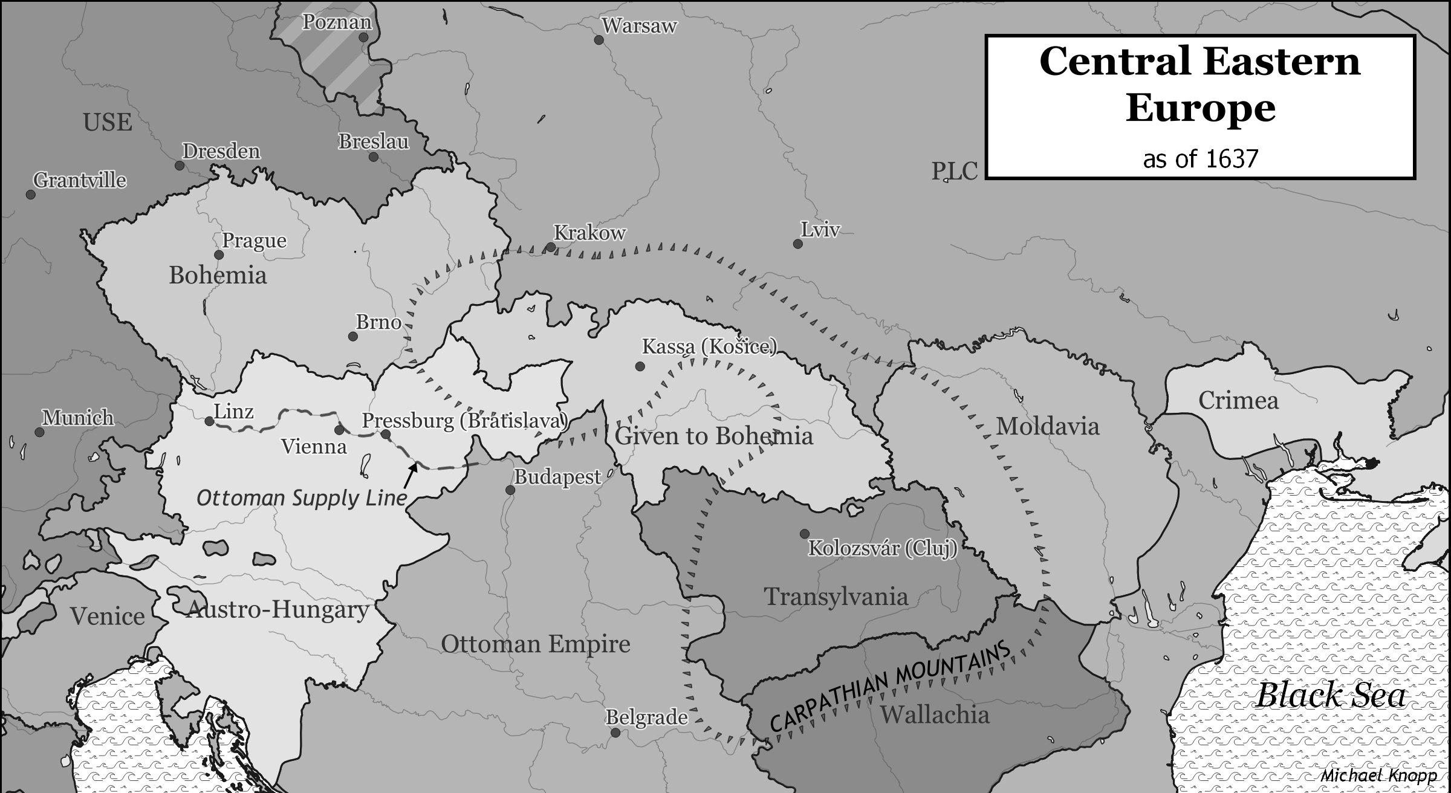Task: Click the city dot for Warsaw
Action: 599,40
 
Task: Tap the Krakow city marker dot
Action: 551,247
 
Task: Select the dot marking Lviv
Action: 798,244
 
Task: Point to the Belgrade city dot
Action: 615,733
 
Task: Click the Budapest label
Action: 557,477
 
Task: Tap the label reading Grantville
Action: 80,180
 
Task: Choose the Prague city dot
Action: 219,255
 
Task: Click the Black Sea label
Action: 1331,695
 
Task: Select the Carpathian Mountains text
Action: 890,685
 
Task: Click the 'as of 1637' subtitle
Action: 1200,159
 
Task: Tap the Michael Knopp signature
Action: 1378,775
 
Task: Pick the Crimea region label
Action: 1238,401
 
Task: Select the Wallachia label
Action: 935,715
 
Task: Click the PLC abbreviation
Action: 954,172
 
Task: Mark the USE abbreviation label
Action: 108,123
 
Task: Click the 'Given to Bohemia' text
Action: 713,436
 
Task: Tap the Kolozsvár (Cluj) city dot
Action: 805,534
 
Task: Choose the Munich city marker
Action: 39,432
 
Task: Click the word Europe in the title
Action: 1200,109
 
